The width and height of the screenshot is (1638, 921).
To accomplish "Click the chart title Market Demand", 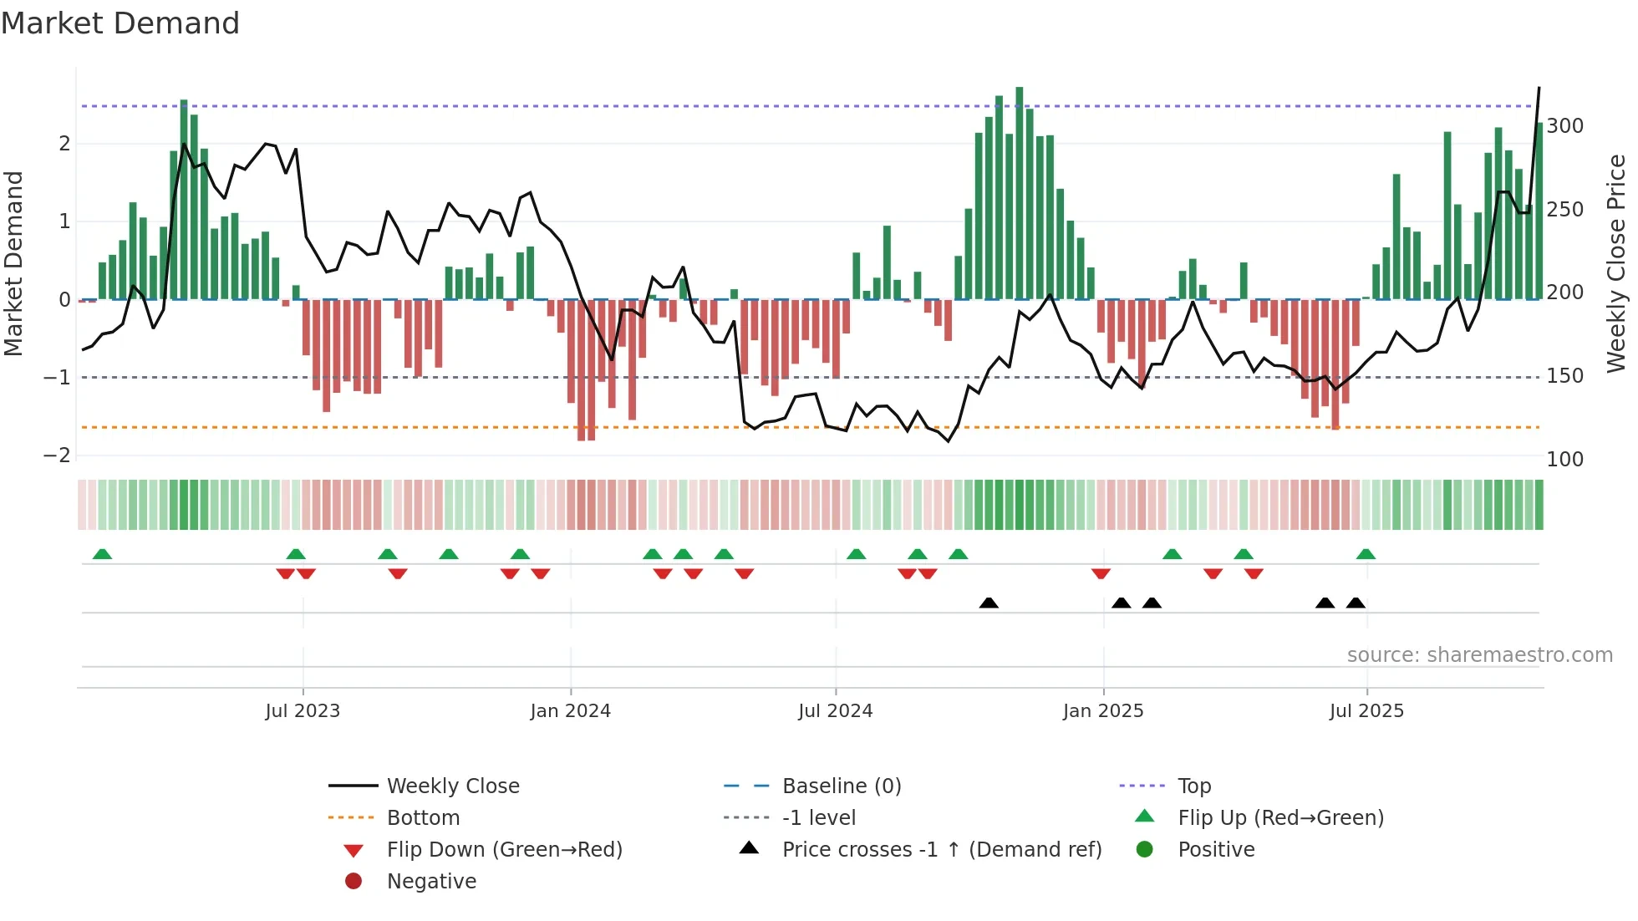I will pyautogui.click(x=120, y=23).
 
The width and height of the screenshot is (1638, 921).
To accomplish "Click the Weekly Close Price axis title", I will pyautogui.click(x=1616, y=263).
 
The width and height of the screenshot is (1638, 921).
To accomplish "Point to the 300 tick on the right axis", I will pyautogui.click(x=1564, y=126).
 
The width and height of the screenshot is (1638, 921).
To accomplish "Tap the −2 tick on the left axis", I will pyautogui.click(x=57, y=455).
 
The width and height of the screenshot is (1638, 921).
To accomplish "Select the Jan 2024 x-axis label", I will pyautogui.click(x=570, y=711).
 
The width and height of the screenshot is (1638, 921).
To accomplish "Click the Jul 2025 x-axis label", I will pyautogui.click(x=1366, y=711).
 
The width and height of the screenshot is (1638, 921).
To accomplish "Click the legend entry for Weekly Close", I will pyautogui.click(x=452, y=786).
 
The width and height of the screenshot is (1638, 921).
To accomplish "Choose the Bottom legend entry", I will pyautogui.click(x=423, y=818).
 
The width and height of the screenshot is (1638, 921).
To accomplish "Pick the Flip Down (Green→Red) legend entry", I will pyautogui.click(x=504, y=850).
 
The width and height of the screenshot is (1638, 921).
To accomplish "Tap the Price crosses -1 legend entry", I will pyautogui.click(x=941, y=850).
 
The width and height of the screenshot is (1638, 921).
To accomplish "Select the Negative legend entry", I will pyautogui.click(x=431, y=882).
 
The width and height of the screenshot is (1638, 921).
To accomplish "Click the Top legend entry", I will pyautogui.click(x=1193, y=786).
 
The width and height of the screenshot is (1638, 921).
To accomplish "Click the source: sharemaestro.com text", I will pyautogui.click(x=1479, y=655).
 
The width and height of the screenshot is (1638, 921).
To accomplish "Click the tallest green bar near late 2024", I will pyautogui.click(x=1020, y=192).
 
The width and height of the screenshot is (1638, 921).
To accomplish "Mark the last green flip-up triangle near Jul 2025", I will pyautogui.click(x=1366, y=554).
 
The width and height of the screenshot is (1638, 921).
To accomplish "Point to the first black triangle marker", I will pyautogui.click(x=989, y=603).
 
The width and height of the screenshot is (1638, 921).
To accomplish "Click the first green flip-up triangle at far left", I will pyautogui.click(x=102, y=554).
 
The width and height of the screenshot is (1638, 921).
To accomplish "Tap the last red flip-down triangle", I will pyautogui.click(x=1254, y=573).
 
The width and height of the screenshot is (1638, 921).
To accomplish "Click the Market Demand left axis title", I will pyautogui.click(x=13, y=263).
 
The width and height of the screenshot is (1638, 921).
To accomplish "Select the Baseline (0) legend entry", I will pyautogui.click(x=841, y=786).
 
